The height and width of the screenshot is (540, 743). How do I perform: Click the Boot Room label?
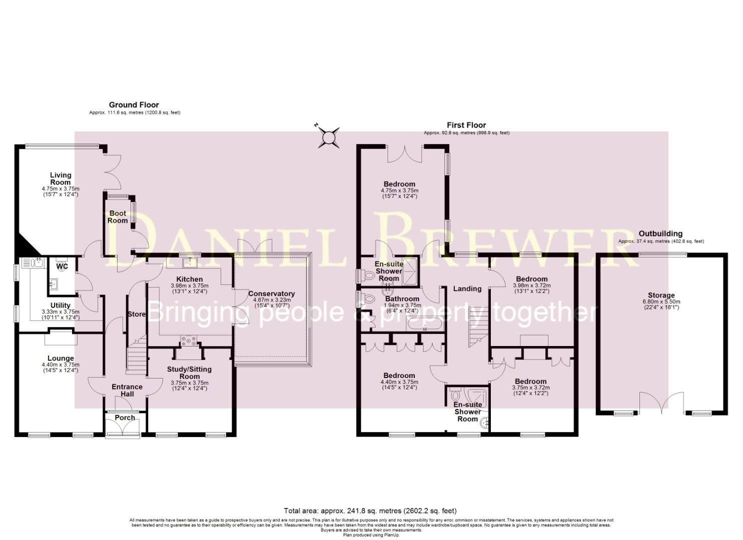[118, 217]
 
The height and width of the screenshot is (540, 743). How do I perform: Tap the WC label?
[62, 266]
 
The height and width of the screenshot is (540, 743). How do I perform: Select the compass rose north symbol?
[329, 137]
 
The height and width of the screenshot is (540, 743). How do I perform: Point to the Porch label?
[125, 417]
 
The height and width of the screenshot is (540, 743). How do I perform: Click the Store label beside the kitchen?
[136, 314]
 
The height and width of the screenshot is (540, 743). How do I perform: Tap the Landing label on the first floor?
[467, 288]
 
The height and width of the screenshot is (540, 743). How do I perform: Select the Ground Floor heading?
[134, 105]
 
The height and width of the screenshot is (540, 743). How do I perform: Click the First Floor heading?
[466, 125]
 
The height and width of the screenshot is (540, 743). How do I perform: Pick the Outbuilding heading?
[660, 233]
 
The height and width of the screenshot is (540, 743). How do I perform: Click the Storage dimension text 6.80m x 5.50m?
[661, 301]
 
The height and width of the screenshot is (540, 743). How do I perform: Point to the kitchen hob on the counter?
[190, 341]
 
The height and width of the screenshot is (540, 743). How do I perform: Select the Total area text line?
[370, 511]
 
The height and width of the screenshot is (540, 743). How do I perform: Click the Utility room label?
[60, 305]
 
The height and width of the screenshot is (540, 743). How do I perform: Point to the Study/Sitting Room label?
[189, 373]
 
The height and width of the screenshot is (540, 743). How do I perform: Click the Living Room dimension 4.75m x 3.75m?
[61, 188]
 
